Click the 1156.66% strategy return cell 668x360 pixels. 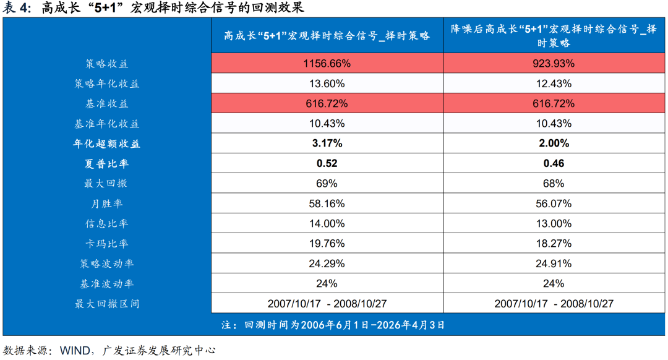[x=327, y=64]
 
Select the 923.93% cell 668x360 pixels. [x=554, y=64]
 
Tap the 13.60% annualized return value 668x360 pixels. [x=327, y=84]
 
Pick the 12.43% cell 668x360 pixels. [x=554, y=84]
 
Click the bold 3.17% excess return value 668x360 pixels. [x=327, y=144]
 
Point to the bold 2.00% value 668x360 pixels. [x=554, y=144]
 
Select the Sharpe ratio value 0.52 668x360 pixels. [x=327, y=164]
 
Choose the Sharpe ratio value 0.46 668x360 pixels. [x=554, y=164]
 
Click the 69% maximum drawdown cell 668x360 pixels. [x=327, y=184]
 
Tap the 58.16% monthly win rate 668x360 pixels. [x=327, y=204]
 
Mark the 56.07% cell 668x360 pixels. [x=554, y=204]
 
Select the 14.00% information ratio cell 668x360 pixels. [x=327, y=224]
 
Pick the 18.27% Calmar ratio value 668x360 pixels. [x=554, y=244]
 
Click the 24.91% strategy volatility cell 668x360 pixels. [x=554, y=264]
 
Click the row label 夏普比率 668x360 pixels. [x=107, y=164]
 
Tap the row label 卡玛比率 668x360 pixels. [x=107, y=244]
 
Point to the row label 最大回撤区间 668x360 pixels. [x=107, y=304]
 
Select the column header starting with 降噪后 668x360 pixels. [x=554, y=36]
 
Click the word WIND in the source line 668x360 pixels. [x=74, y=350]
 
